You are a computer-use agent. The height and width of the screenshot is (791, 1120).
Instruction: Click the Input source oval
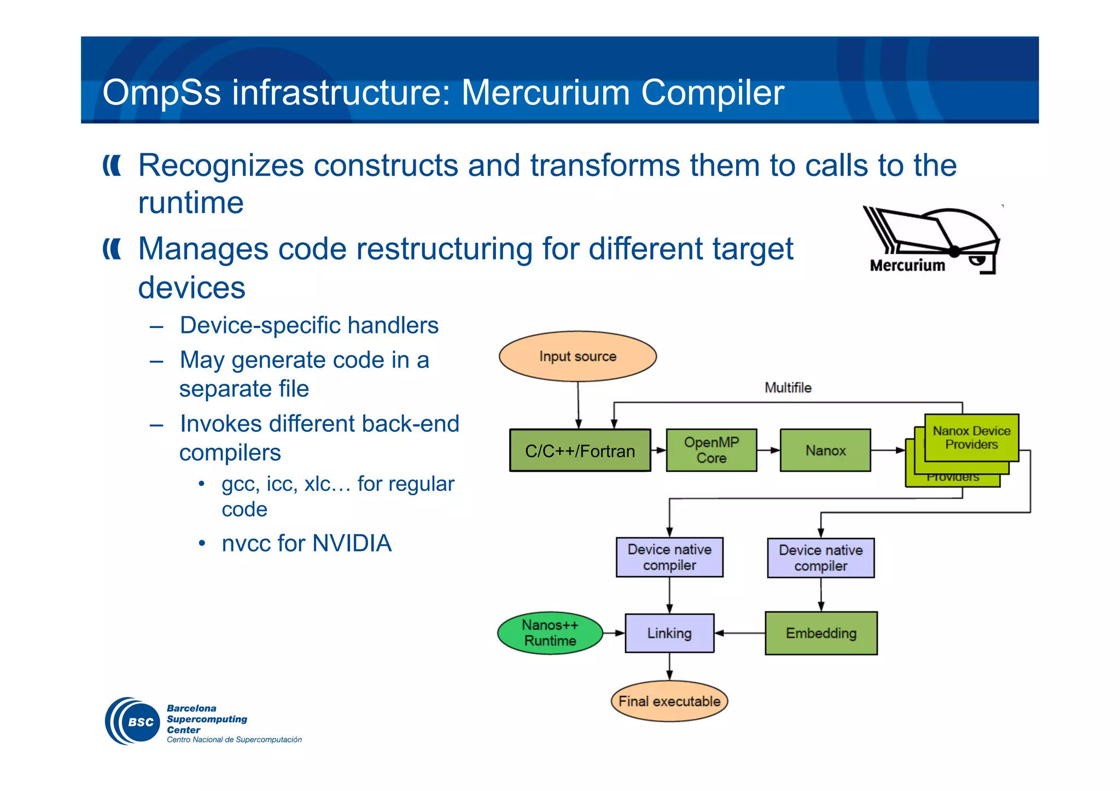[x=577, y=356]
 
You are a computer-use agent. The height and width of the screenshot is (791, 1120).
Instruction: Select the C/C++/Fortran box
[x=580, y=450]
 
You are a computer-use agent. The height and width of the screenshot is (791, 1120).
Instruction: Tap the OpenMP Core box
[x=711, y=450]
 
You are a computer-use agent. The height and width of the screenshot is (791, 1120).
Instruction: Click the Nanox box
[x=825, y=450]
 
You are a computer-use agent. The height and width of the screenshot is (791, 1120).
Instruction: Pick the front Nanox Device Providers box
[x=971, y=437]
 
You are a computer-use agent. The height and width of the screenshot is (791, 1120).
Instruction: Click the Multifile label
[x=787, y=388]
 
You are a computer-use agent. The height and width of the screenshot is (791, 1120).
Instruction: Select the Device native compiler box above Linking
[x=669, y=557]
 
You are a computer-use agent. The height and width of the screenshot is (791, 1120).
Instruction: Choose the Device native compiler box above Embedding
[x=820, y=558]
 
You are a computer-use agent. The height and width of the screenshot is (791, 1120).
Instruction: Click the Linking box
[x=669, y=633]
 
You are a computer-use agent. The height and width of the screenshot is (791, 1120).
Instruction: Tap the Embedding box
[x=821, y=633]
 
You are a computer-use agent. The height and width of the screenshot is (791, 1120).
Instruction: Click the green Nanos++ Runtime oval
[x=550, y=633]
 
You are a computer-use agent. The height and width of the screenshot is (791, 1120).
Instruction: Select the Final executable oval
[x=669, y=701]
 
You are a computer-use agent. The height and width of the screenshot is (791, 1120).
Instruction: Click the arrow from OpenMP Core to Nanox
[x=768, y=450]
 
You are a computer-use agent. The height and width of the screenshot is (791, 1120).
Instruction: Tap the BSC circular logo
[x=133, y=721]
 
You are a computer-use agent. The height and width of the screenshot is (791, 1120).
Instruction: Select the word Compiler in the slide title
[x=712, y=92]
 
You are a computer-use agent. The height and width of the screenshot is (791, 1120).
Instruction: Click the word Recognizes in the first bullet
[x=221, y=165]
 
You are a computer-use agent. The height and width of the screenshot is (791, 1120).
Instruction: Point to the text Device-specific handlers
[x=309, y=325]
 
